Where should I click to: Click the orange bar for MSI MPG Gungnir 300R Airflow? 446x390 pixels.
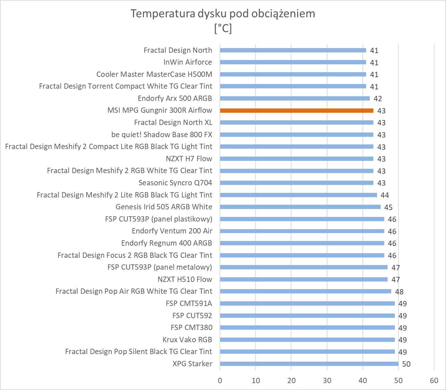(x=296, y=111)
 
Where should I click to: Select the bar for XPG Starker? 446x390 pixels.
(x=309, y=364)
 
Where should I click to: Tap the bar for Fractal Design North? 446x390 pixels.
(x=293, y=50)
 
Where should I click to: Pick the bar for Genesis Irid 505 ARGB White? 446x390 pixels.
(x=300, y=207)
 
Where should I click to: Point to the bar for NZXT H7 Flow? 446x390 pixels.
(x=296, y=159)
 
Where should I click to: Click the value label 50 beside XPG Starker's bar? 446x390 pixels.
(x=406, y=364)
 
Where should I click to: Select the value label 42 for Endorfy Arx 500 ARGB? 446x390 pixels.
(x=378, y=98)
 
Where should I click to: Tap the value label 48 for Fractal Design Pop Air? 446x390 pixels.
(x=399, y=292)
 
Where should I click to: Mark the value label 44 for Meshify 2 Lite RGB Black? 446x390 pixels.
(x=385, y=195)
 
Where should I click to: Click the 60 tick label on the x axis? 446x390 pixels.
(x=434, y=380)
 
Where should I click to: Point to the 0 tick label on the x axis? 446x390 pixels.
(x=220, y=380)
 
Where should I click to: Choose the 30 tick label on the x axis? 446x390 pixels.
(x=327, y=380)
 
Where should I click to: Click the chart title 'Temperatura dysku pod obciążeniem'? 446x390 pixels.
(x=223, y=14)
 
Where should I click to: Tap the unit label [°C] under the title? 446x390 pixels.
(x=223, y=28)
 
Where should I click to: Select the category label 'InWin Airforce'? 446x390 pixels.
(x=187, y=62)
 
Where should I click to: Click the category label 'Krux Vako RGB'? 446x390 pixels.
(x=187, y=339)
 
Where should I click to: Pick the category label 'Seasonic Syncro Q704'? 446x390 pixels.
(x=175, y=183)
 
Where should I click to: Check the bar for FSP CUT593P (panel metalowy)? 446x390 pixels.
(x=304, y=267)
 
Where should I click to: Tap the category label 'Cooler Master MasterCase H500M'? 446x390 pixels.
(x=154, y=74)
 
